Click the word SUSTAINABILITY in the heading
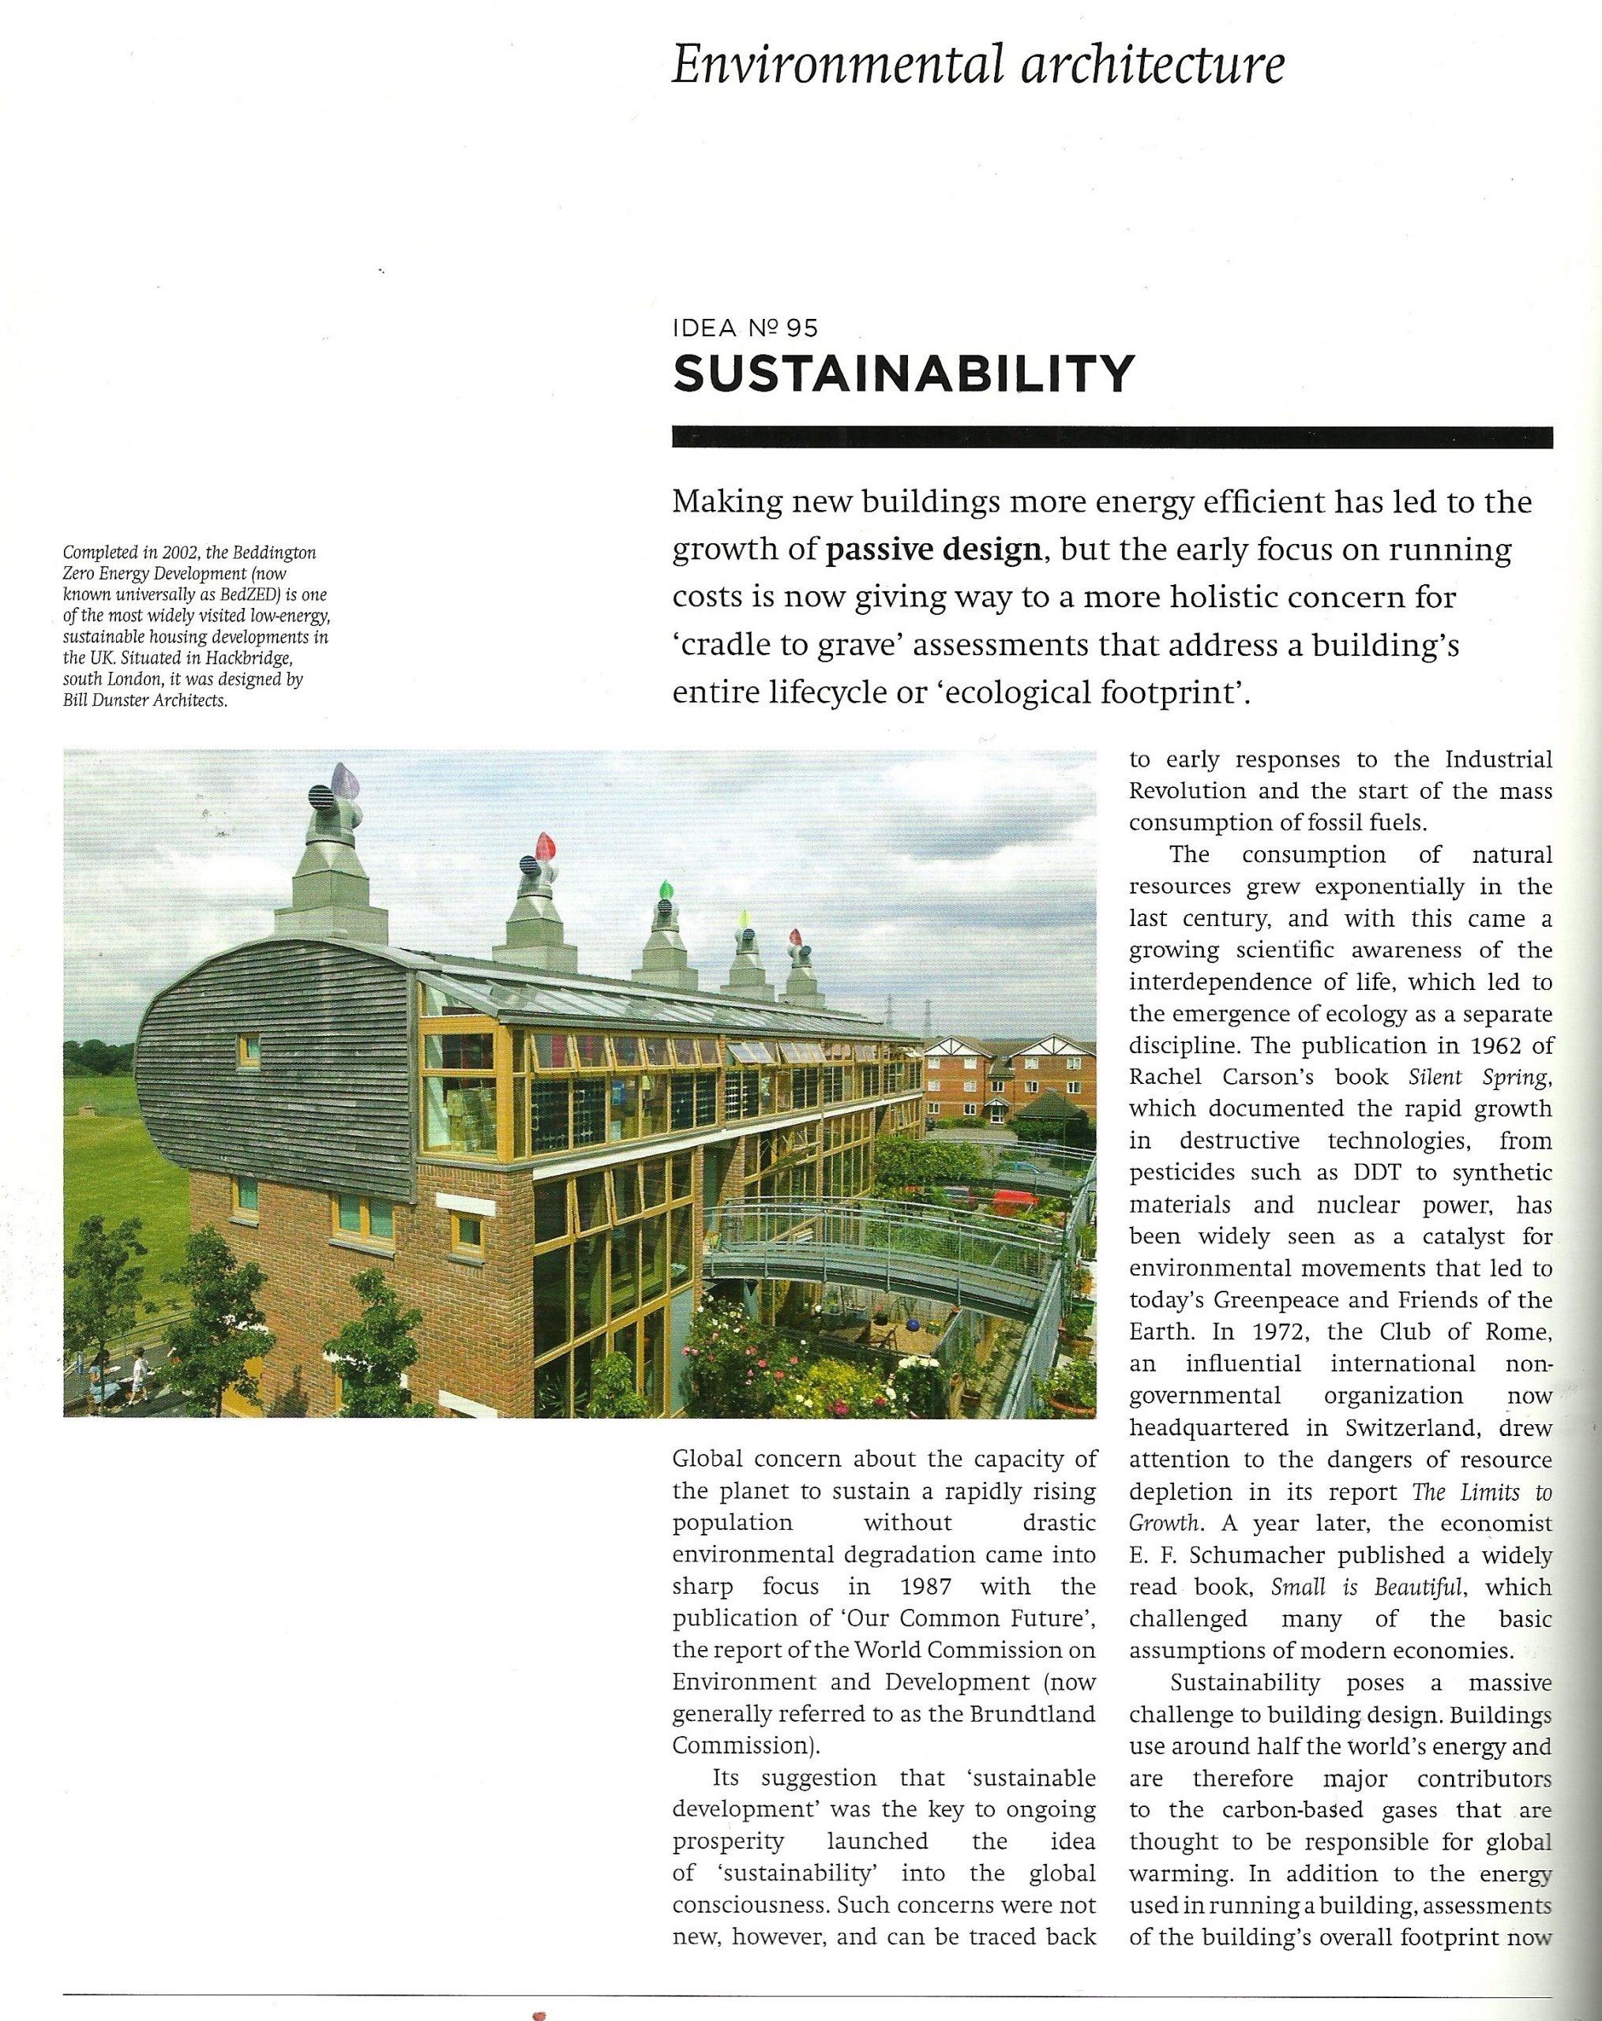pos(904,374)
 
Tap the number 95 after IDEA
pos(801,328)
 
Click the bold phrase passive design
pos(933,549)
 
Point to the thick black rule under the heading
pos(1112,437)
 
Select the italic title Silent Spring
pos(1480,1077)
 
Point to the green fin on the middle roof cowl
pos(666,889)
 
